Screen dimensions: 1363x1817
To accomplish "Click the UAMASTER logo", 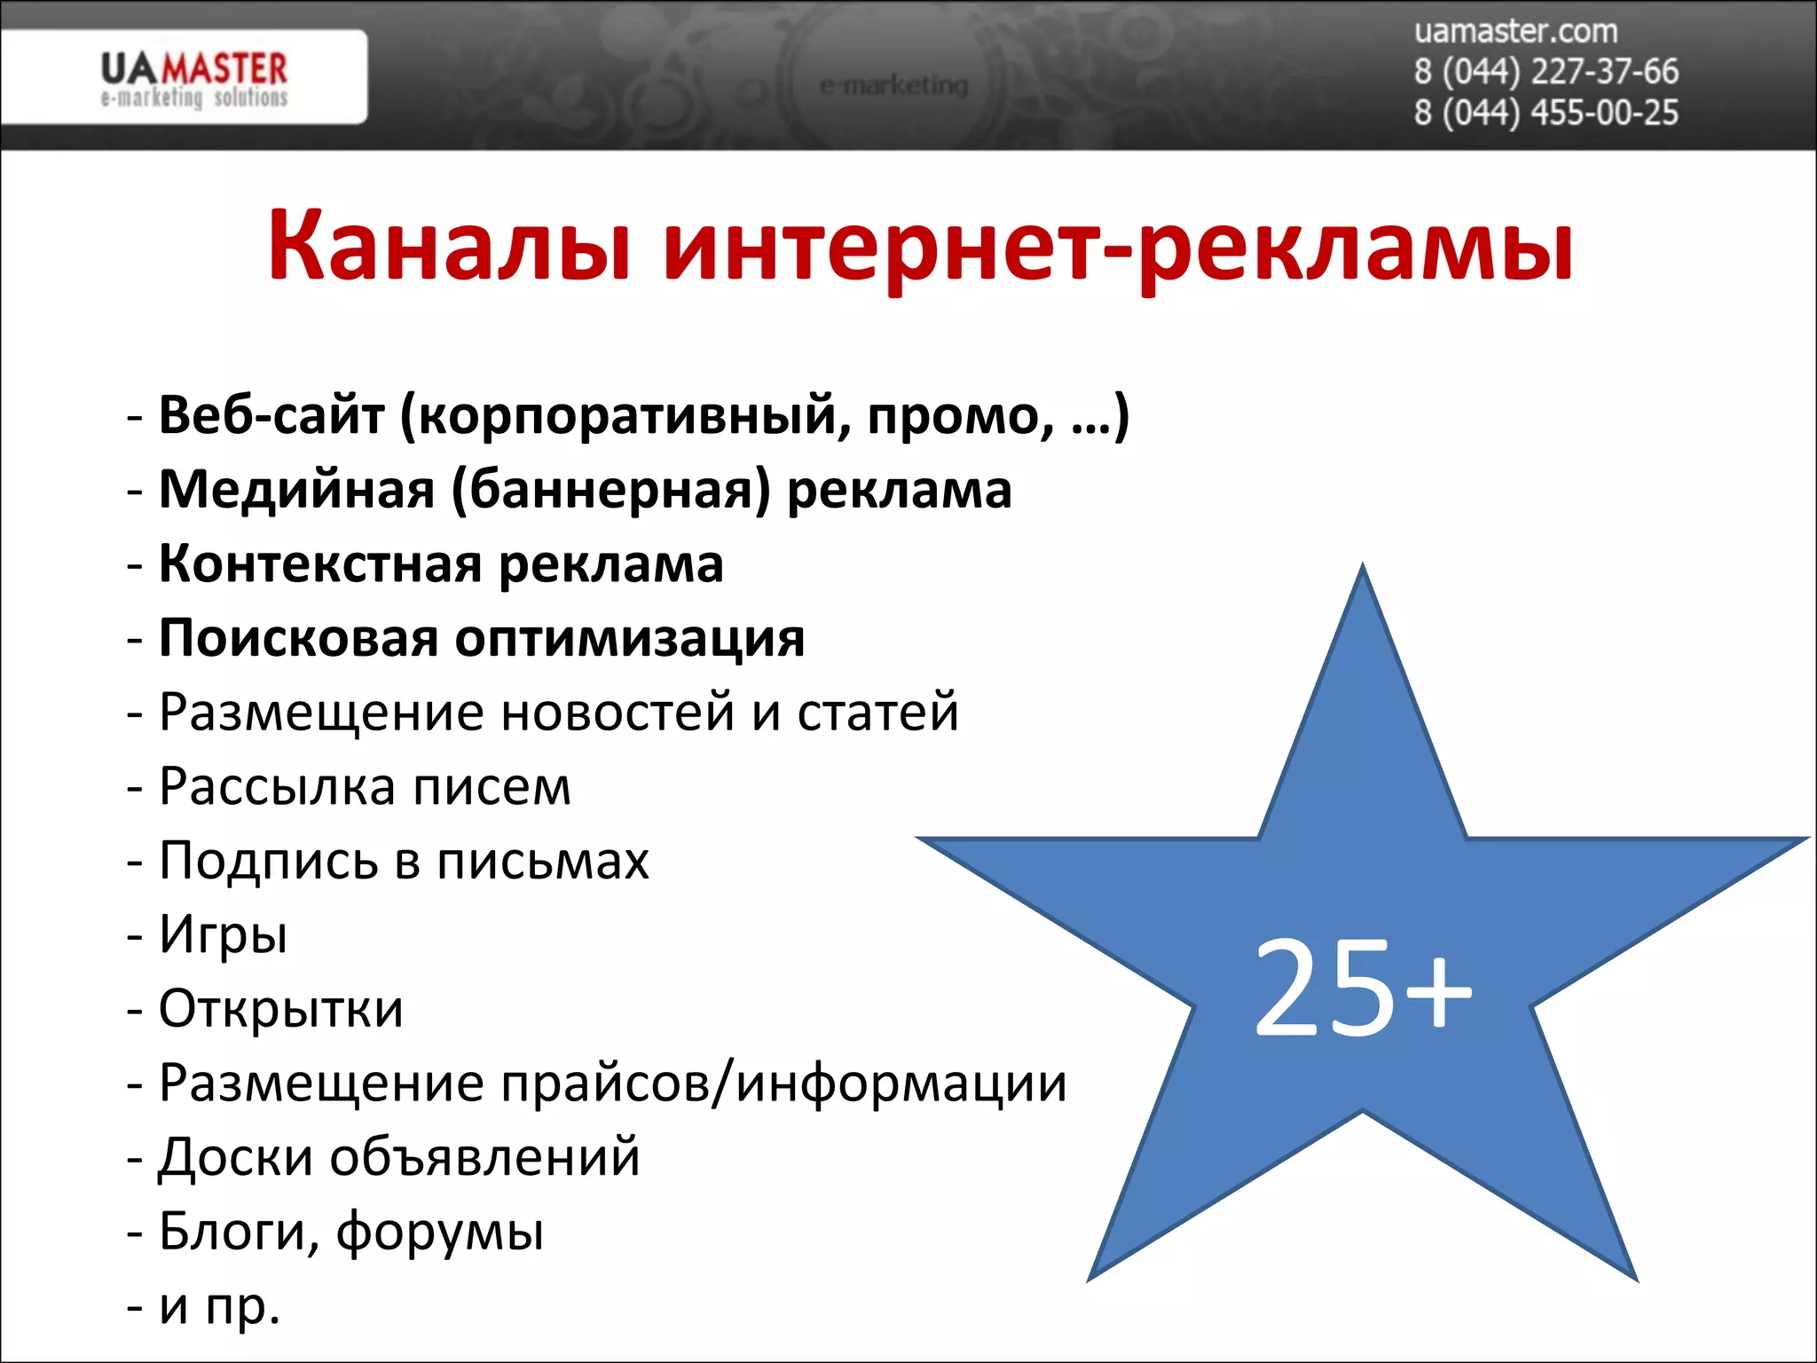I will [x=193, y=78].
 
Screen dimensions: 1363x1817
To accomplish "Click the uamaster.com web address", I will [x=1515, y=32].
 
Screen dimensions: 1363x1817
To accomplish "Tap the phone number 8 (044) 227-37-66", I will [x=1546, y=72].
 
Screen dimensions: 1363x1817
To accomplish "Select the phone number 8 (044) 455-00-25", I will [x=1546, y=114].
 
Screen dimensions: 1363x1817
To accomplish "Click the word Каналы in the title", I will [x=450, y=247].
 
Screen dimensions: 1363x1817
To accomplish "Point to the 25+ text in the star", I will [x=1362, y=989].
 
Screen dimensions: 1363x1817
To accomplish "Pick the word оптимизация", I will [x=630, y=638].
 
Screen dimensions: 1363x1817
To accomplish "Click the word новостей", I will [x=617, y=712].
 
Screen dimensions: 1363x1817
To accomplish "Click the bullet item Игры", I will [x=223, y=934].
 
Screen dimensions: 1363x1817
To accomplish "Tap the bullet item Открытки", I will [x=280, y=1009].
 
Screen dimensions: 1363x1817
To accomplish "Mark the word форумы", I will [x=440, y=1232].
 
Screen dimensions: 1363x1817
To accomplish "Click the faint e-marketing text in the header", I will [x=893, y=85].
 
